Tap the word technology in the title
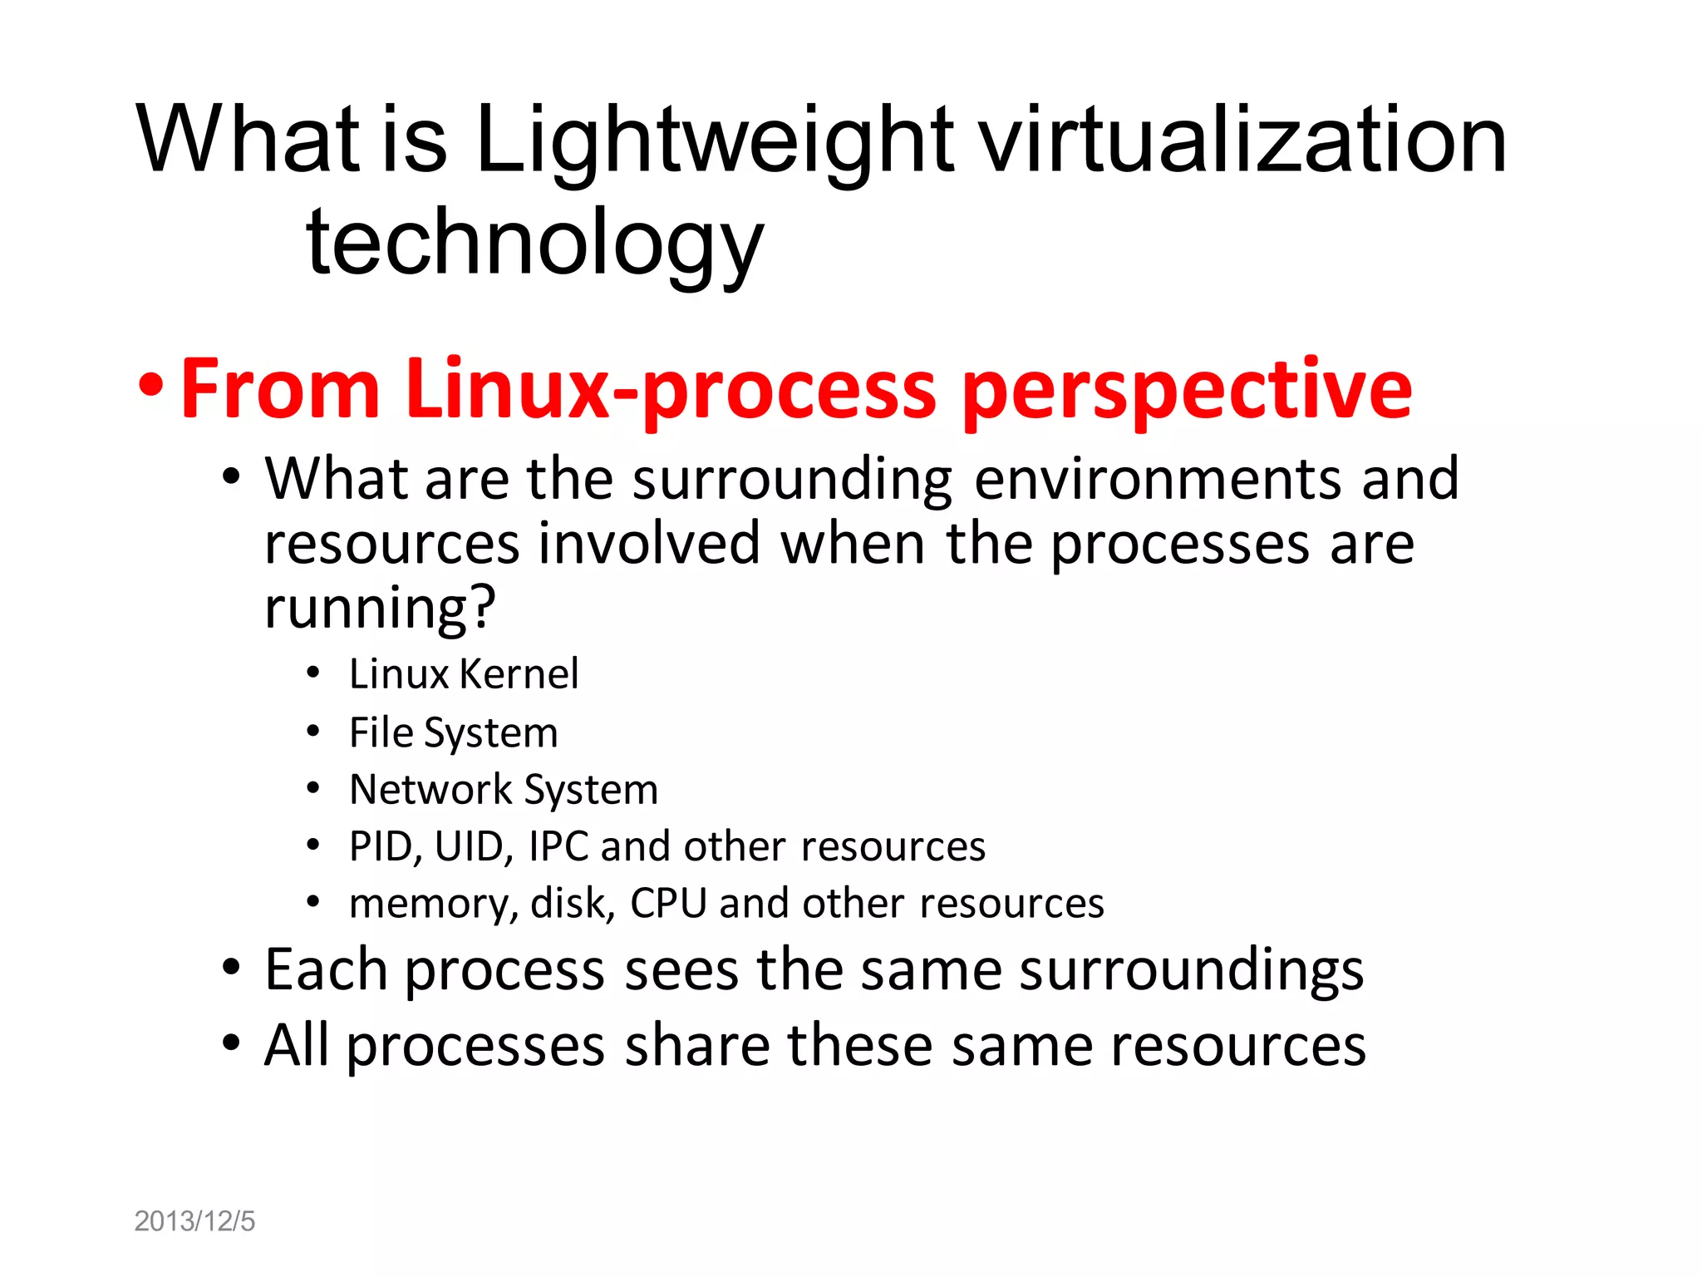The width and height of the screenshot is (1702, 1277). coord(534,244)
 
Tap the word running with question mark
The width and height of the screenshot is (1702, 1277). coord(380,608)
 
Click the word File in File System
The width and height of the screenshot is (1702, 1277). coord(381,732)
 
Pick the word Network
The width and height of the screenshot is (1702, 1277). coord(430,789)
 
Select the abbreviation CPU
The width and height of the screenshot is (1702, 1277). coord(668,903)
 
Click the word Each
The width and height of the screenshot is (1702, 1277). coord(326,969)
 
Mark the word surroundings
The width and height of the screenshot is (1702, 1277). coord(1191,971)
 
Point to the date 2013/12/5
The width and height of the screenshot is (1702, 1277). coord(194,1221)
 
